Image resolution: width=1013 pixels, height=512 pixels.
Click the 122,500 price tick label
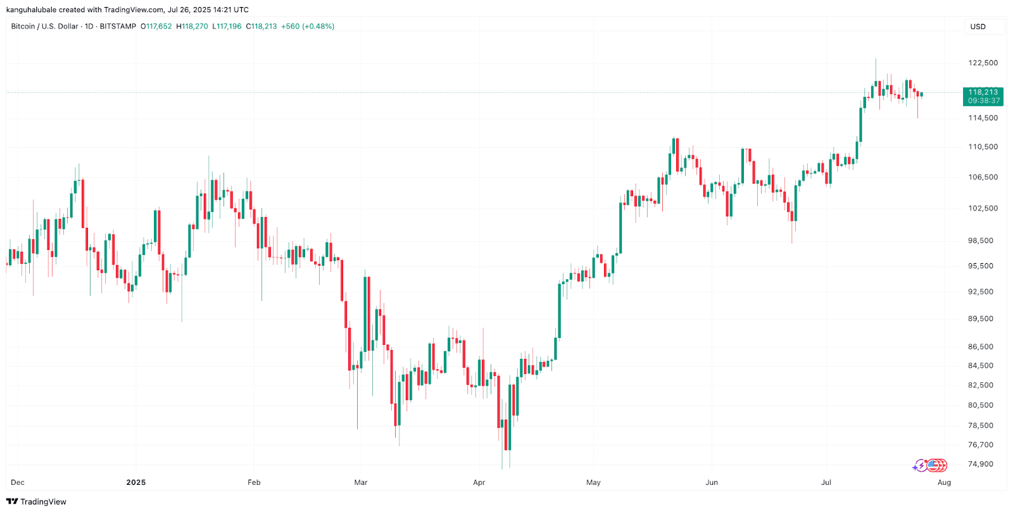(x=983, y=63)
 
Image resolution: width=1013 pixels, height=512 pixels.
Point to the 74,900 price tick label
(x=981, y=464)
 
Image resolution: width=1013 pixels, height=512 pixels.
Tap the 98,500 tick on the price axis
(x=981, y=240)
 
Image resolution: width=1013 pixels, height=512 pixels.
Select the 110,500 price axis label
(x=983, y=147)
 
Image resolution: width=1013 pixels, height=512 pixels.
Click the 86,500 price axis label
(x=981, y=347)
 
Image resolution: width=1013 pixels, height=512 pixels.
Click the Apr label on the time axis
(x=479, y=482)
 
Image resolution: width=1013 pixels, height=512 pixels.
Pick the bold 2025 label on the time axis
(x=135, y=482)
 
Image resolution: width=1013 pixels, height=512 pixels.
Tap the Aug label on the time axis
(x=944, y=482)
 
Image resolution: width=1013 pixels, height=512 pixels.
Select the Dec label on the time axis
(x=18, y=482)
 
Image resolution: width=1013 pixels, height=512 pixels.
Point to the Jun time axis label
(x=712, y=482)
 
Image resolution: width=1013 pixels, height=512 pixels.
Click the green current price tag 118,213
(x=983, y=96)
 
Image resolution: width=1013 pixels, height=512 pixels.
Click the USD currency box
(x=978, y=27)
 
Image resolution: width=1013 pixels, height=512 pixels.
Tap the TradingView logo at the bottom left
(x=36, y=501)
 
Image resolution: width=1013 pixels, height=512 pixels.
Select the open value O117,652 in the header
(x=156, y=27)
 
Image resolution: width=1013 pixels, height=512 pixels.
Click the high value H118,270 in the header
(x=192, y=27)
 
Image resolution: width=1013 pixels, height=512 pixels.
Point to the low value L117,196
(x=227, y=27)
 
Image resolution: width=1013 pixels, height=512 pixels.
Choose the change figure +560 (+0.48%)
(x=308, y=27)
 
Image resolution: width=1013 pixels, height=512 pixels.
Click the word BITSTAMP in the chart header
(x=118, y=27)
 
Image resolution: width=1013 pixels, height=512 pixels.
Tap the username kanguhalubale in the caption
(x=31, y=9)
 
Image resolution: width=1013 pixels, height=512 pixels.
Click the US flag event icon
(x=932, y=466)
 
